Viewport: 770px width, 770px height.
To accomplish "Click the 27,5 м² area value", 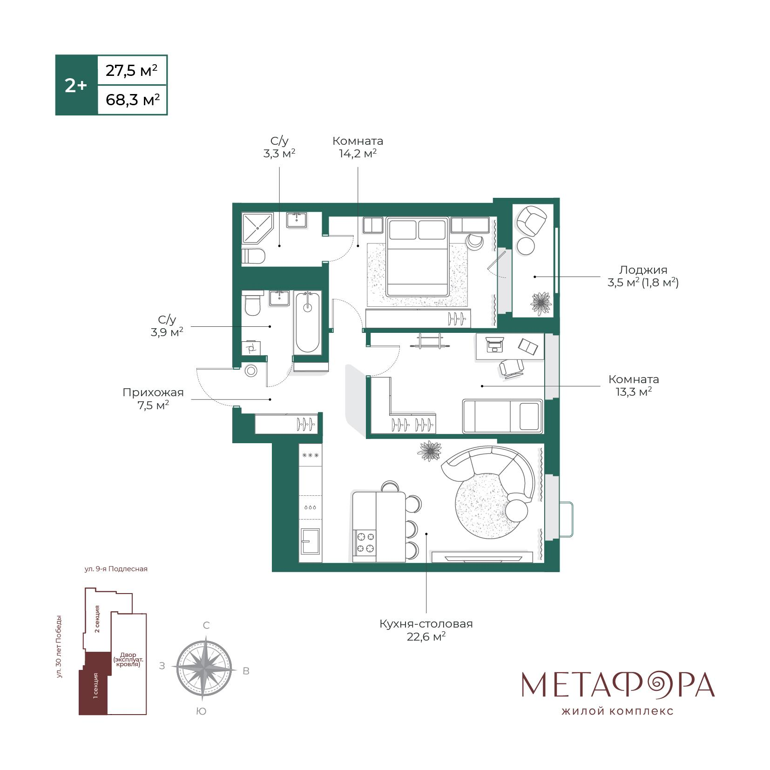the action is pyautogui.click(x=132, y=71).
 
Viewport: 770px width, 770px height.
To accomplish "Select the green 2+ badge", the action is pyautogui.click(x=76, y=85).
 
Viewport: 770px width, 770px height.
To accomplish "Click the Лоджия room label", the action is pyautogui.click(x=643, y=270).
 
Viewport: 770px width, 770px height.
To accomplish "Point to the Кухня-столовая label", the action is pyautogui.click(x=426, y=623).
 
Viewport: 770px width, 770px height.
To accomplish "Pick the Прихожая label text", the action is pyautogui.click(x=153, y=392).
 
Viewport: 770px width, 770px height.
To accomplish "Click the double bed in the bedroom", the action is pyautogui.click(x=418, y=257).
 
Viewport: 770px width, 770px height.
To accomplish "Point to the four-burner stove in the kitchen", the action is pyautogui.click(x=365, y=542).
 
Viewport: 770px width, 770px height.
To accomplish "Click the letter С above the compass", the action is pyautogui.click(x=206, y=625).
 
